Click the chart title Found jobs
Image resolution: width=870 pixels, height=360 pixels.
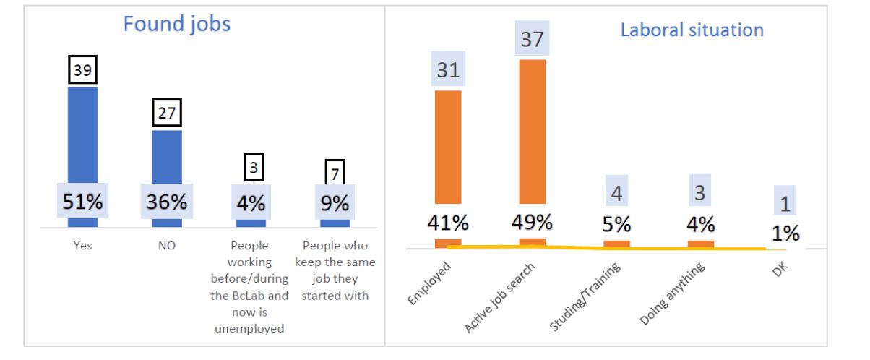[177, 25]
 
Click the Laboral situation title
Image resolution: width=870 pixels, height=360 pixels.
[692, 30]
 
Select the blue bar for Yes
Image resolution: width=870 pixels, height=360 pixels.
[82, 145]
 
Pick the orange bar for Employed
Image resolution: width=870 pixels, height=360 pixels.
[448, 145]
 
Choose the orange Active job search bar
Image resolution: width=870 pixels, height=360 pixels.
[532, 130]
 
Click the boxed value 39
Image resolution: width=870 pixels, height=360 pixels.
[83, 71]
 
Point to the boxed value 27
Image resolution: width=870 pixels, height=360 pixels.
[166, 114]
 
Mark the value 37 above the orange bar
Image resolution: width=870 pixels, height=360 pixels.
[532, 40]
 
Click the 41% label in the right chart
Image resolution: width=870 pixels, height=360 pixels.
[448, 220]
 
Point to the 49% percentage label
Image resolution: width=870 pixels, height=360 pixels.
[532, 220]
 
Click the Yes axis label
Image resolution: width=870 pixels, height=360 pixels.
[82, 246]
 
